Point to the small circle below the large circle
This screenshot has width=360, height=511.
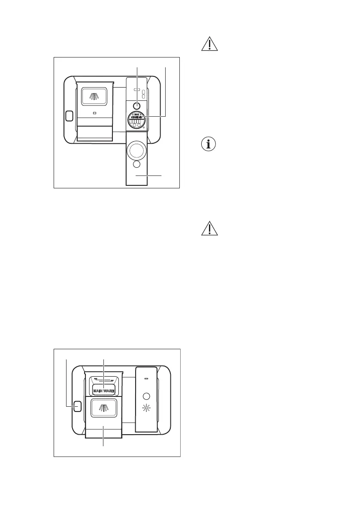[x=136, y=164]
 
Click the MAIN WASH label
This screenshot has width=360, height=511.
[x=104, y=390]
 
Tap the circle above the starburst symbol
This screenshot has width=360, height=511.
[x=147, y=396]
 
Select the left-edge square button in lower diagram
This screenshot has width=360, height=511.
[x=77, y=406]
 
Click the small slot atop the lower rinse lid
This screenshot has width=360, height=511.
[x=147, y=378]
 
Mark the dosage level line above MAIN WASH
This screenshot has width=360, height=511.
[x=103, y=380]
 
